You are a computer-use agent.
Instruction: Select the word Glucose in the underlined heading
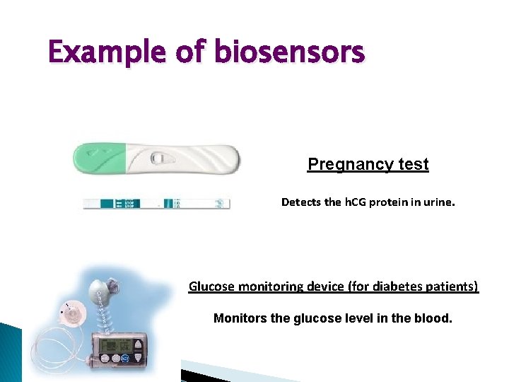(213, 286)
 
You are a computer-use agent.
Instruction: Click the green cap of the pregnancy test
(99, 157)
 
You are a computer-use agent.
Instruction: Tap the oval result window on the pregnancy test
(160, 158)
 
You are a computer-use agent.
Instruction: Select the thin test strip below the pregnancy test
(156, 203)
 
